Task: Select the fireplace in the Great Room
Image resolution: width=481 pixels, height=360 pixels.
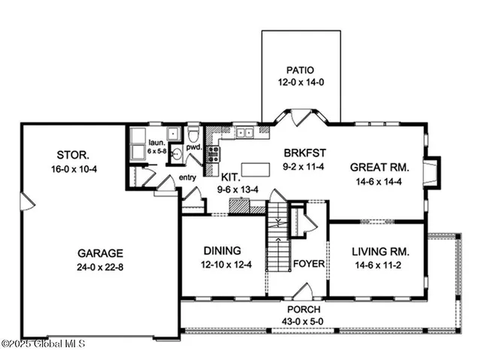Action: pos(431,171)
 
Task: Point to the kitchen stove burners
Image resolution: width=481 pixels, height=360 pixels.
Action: pos(213,154)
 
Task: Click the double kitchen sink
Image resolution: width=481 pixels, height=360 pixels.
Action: pos(244,134)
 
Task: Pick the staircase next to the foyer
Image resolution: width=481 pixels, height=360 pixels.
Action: pos(279,237)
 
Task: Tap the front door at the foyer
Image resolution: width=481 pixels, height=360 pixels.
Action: pos(304,290)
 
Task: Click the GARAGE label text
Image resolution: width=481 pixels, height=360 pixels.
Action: pos(98,253)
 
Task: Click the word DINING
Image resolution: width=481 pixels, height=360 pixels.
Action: pos(221,250)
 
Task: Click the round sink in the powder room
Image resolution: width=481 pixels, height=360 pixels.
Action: pos(177,156)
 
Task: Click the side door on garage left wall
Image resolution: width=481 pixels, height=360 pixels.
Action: pos(26,201)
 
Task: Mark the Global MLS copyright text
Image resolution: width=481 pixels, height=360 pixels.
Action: pos(43,344)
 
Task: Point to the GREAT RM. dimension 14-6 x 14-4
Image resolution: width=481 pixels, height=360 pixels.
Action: pos(379,180)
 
